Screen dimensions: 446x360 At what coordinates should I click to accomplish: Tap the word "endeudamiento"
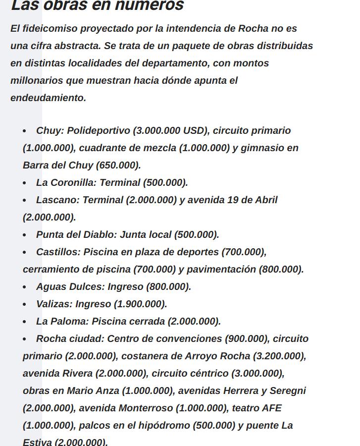[x=48, y=98]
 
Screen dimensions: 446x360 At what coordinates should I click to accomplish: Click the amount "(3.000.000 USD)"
[x=170, y=130]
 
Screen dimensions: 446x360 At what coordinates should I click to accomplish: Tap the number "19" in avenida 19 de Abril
[x=233, y=200]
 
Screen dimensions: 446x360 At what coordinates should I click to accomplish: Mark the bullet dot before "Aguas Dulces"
[x=25, y=287]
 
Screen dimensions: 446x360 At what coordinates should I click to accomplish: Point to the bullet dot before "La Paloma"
[x=25, y=322]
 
